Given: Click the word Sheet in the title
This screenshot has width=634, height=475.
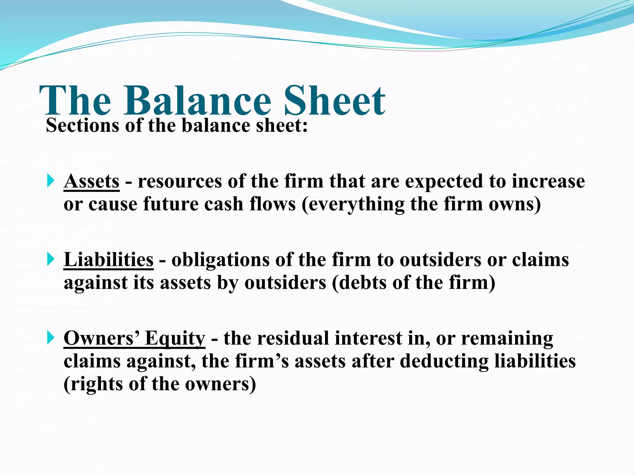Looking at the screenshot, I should point(334,101).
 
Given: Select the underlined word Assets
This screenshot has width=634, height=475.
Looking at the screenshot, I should point(92,181).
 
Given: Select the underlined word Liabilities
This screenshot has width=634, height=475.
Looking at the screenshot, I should point(108,260).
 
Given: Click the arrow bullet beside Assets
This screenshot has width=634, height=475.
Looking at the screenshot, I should point(51,180).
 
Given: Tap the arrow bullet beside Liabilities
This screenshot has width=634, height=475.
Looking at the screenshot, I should point(51,259).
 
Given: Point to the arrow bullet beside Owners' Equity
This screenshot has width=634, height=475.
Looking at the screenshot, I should point(51,337).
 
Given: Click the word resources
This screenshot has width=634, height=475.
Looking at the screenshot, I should point(180,182).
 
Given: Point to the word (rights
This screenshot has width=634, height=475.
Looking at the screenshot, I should point(93,385).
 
